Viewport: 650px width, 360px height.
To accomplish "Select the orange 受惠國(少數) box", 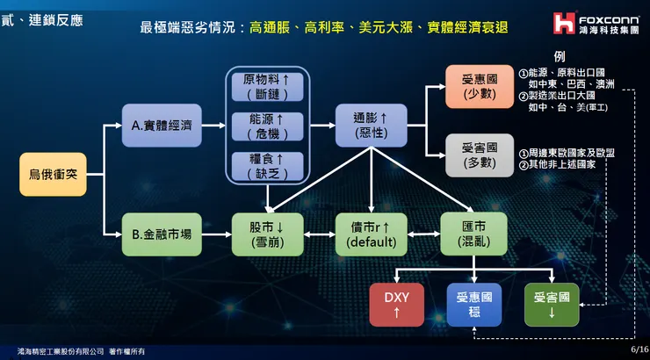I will (x=479, y=86).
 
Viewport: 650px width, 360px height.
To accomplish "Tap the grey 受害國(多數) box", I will (x=479, y=155).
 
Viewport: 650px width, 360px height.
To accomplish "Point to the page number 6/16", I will (x=638, y=349).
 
